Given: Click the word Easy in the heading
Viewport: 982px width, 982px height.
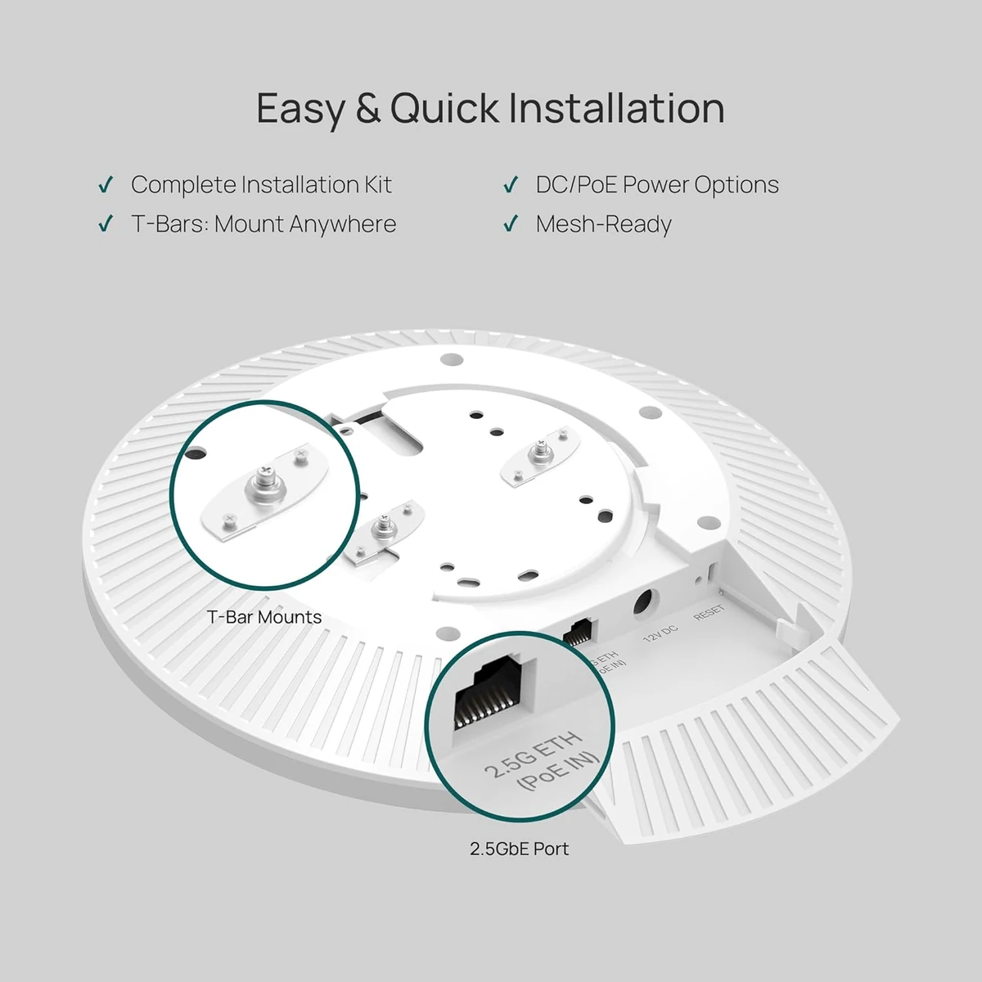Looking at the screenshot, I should click(x=300, y=109).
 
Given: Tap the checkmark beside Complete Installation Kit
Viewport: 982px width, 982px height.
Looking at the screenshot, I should click(x=105, y=186).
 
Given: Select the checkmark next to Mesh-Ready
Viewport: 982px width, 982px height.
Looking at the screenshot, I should click(x=511, y=224).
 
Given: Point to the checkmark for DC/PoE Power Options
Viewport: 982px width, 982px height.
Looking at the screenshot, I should click(x=511, y=186).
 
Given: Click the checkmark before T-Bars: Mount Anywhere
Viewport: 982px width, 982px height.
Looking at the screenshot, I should click(x=105, y=224).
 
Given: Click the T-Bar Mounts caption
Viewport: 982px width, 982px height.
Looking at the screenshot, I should click(x=264, y=617).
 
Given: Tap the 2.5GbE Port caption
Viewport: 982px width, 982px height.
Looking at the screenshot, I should click(x=519, y=849).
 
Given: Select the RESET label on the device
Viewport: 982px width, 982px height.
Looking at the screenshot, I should click(x=709, y=613).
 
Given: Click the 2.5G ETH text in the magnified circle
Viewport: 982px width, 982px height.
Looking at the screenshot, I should click(x=532, y=755).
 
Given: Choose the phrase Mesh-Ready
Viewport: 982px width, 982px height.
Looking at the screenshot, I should click(x=603, y=224).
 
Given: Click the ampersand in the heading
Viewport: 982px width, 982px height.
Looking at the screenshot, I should click(x=368, y=109).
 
